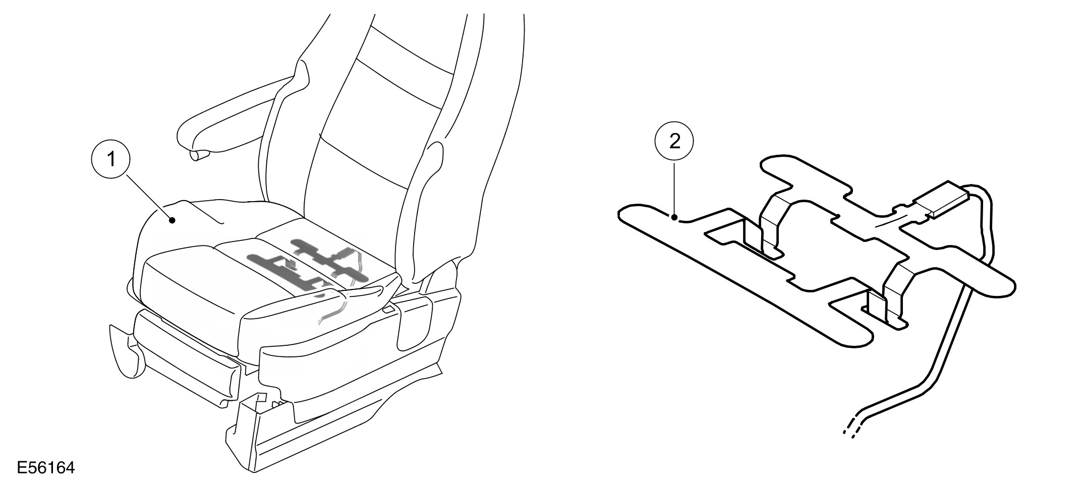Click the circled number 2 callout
(674, 141)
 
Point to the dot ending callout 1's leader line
(173, 220)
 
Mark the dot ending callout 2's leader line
(674, 218)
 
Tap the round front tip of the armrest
(199, 154)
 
